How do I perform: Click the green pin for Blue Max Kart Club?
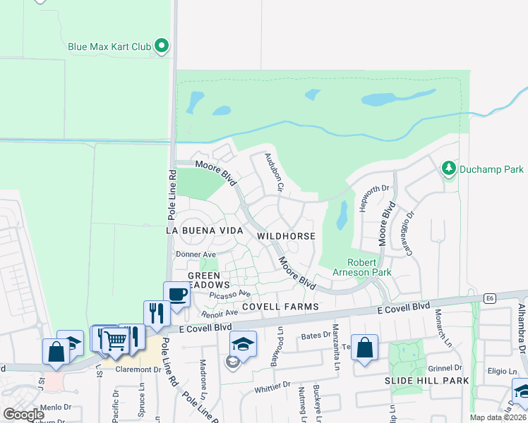point(162,47)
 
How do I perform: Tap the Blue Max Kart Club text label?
point(109,47)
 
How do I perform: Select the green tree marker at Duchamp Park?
point(448,168)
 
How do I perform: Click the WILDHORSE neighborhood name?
point(285,235)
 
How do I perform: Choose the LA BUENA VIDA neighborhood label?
point(204,231)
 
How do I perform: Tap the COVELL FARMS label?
point(281,307)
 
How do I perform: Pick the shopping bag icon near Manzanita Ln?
point(365,347)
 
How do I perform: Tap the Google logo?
point(23,415)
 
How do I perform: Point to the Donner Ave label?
point(196,254)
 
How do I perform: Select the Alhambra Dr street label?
point(522,335)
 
